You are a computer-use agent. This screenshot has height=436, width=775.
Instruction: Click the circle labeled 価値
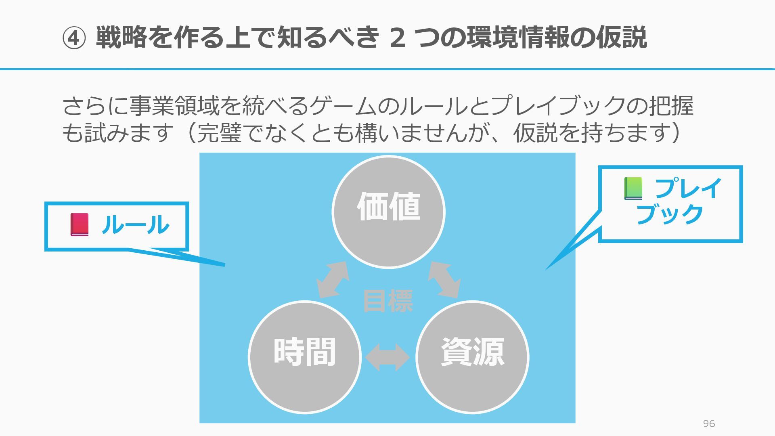point(388,212)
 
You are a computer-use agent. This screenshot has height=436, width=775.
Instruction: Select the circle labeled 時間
point(305,357)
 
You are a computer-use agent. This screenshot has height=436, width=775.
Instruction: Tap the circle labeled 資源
point(472,357)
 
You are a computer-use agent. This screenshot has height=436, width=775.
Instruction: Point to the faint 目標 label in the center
point(388,301)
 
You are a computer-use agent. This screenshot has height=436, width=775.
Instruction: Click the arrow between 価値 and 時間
point(333,279)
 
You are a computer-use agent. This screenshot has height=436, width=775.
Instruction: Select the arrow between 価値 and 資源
point(444,279)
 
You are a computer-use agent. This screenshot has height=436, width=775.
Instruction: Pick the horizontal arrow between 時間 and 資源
point(387,357)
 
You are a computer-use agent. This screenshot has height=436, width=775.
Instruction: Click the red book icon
point(80,225)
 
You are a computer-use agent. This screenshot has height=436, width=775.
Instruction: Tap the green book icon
point(633,189)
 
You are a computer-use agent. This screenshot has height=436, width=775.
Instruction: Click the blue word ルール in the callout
point(135,225)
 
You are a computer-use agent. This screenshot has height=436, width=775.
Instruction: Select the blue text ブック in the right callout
point(670,214)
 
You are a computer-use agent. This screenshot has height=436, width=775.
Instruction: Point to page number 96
point(709,423)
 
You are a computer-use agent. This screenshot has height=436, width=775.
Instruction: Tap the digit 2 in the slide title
point(398,38)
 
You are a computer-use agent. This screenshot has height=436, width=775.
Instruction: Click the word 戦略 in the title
point(121,38)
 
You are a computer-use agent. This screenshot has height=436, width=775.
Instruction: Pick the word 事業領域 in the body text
point(174,106)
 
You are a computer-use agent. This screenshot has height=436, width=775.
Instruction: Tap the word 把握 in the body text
point(671,106)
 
